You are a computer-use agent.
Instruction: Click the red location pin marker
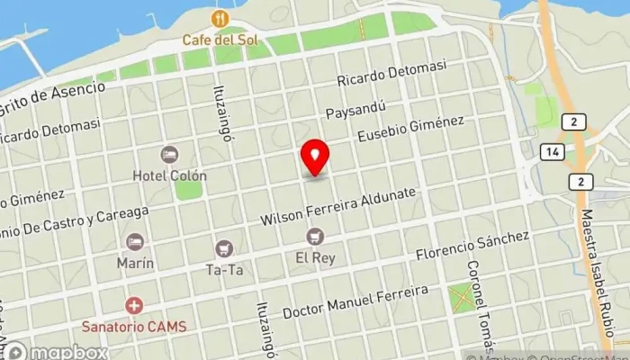click(315, 158)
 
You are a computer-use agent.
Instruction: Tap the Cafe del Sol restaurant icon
click(218, 19)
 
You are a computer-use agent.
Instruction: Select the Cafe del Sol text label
click(218, 40)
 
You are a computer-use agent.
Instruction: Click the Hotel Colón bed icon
click(169, 155)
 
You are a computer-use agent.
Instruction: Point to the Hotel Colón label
click(169, 175)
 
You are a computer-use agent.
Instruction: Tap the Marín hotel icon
click(134, 242)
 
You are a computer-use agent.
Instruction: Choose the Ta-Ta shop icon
click(225, 247)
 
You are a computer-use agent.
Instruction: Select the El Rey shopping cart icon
click(315, 236)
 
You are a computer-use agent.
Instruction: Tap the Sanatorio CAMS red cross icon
click(134, 306)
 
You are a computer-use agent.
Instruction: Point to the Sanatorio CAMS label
click(134, 327)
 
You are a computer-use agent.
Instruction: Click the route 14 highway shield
click(552, 152)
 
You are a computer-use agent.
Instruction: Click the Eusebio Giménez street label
click(410, 129)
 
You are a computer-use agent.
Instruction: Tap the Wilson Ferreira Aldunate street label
click(337, 207)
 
